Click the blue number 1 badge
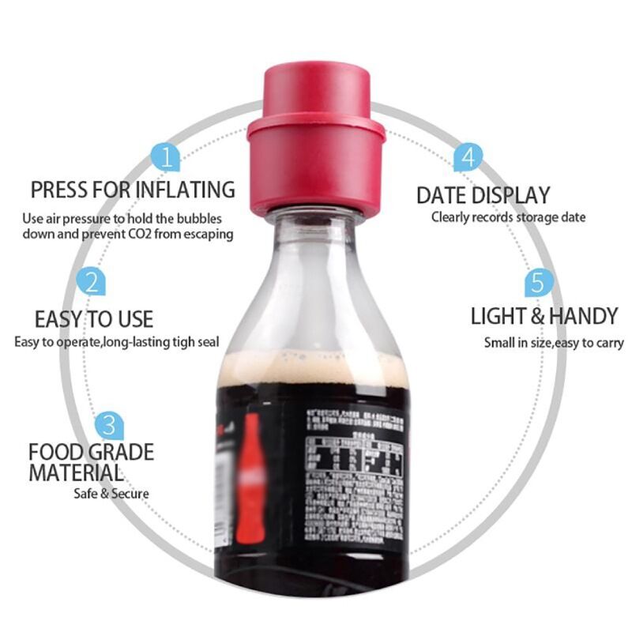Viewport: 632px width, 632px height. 166,156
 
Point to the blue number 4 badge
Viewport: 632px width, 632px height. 468,156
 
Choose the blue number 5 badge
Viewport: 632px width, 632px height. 536,283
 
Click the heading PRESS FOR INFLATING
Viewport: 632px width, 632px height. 133,190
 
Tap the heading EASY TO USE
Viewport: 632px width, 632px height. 94,319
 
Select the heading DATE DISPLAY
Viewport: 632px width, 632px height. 483,194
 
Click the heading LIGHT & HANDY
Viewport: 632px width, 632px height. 544,317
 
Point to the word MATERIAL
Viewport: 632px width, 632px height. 76,473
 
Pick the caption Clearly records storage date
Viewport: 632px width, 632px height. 508,217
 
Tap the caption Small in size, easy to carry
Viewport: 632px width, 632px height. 554,343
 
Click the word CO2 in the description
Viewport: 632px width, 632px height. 151,234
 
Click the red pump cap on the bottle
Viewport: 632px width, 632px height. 316,142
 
